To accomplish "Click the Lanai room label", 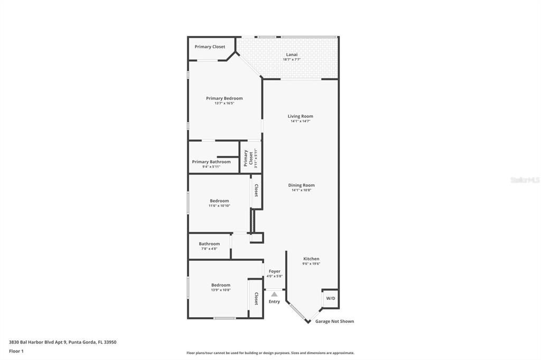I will point(292,54).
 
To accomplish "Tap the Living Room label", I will point(300,116).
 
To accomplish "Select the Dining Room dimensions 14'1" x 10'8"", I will point(301,190).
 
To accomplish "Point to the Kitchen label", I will point(311,259).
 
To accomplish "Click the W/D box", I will point(330,298).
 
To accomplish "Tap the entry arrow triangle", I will point(274,294).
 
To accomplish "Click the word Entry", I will point(274,301).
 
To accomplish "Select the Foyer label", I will point(275,271).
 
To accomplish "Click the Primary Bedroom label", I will point(224,98).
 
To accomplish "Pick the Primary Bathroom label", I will point(211,162).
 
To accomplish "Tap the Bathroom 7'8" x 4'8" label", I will point(209,244).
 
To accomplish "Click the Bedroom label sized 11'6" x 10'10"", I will point(219,201).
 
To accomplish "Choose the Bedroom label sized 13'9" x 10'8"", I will point(221,285).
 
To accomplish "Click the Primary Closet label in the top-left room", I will point(210,46).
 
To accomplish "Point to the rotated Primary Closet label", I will point(246,158).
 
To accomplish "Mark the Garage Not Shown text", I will point(334,321).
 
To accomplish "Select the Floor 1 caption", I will point(16,350).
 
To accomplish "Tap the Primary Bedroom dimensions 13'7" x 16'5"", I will point(224,103).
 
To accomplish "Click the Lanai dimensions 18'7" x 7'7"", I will point(292,60).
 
